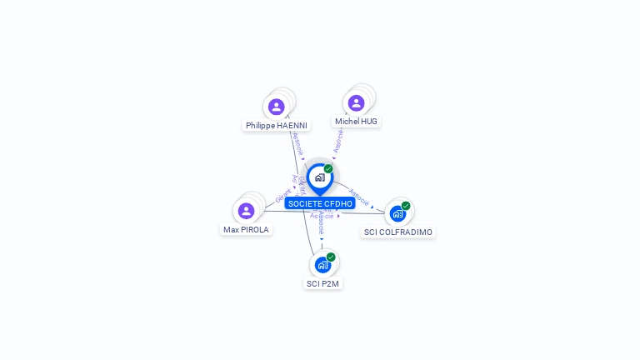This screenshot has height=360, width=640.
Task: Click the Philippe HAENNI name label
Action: [277, 126]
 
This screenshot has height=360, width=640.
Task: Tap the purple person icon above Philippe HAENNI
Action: [277, 107]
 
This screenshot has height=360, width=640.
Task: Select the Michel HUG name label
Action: [356, 122]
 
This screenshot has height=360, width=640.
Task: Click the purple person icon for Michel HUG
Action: [356, 102]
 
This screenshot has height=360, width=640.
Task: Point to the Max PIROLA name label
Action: [246, 229]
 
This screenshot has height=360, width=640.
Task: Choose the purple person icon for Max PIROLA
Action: [246, 211]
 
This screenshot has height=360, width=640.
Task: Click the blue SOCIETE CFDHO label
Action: [320, 203]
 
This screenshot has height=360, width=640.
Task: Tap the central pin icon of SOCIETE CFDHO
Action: [319, 177]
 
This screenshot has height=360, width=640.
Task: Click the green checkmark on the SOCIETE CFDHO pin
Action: [328, 169]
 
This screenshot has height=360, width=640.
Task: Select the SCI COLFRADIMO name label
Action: [398, 232]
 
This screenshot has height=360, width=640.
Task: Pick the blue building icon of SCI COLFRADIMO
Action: [397, 213]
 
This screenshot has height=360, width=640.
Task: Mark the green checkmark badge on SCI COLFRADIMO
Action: [406, 206]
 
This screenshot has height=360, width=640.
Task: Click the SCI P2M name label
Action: [322, 283]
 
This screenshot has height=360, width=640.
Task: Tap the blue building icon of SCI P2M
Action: [322, 265]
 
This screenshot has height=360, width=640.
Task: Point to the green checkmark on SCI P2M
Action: [331, 257]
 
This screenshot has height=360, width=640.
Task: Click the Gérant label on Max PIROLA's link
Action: [283, 196]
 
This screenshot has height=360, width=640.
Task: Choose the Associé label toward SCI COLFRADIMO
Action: [359, 196]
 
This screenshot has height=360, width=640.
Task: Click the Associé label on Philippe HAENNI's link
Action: [297, 142]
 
